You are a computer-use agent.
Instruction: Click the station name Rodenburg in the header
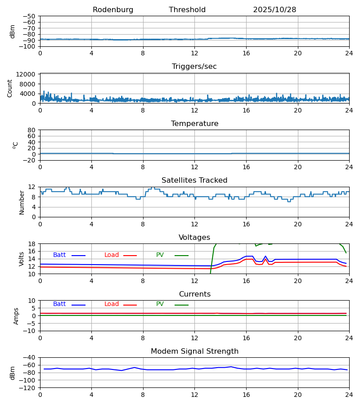pyautogui.click(x=113, y=10)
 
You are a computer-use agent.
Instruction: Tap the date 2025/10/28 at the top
pyautogui.click(x=274, y=10)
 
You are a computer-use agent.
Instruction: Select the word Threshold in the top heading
pyautogui.click(x=187, y=10)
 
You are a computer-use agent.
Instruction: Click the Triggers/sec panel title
pyautogui.click(x=194, y=67)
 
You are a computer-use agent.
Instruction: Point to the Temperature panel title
pyautogui.click(x=194, y=124)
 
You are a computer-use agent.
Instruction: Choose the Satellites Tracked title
pyautogui.click(x=194, y=180)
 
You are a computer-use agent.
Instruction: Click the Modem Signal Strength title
pyautogui.click(x=194, y=351)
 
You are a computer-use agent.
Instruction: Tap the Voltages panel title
pyautogui.click(x=194, y=238)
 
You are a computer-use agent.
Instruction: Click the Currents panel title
pyautogui.click(x=194, y=294)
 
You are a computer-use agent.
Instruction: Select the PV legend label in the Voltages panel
pyautogui.click(x=160, y=255)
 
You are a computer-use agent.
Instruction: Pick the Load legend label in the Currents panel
pyautogui.click(x=112, y=304)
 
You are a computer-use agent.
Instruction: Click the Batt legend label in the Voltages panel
pyautogui.click(x=59, y=255)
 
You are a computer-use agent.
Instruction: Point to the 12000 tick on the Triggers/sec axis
pyautogui.click(x=28, y=74)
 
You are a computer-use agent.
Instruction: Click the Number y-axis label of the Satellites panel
pyautogui.click(x=22, y=202)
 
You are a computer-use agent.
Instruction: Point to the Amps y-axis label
pyautogui.click(x=16, y=316)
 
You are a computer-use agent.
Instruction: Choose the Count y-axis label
pyautogui.click(x=10, y=88)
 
